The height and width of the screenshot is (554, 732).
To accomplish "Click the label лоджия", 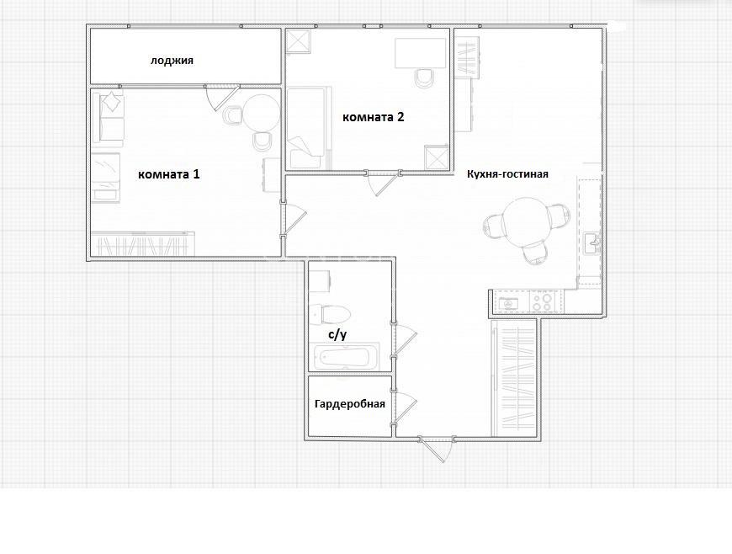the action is tap(172, 61).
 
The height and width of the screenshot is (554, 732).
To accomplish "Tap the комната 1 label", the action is tap(169, 174).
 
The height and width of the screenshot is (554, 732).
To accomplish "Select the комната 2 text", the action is tap(374, 117).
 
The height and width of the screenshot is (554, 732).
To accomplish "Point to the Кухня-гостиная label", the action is tap(507, 174).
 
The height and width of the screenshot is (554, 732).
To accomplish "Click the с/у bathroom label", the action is tap(337, 334).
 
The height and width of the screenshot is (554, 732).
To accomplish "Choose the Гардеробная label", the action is tap(350, 403).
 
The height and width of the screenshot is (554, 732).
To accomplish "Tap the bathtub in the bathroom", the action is tap(347, 356).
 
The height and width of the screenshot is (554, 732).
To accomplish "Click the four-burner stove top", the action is tap(543, 301).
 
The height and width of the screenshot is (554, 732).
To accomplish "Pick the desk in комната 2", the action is tap(421, 53).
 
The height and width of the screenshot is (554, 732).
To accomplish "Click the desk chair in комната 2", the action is tap(424, 78).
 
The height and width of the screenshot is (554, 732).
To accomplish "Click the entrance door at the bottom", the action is tap(438, 448).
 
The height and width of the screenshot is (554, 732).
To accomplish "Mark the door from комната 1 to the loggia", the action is tap(222, 97).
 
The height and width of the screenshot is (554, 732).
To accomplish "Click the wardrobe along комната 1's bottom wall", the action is tap(142, 243).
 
